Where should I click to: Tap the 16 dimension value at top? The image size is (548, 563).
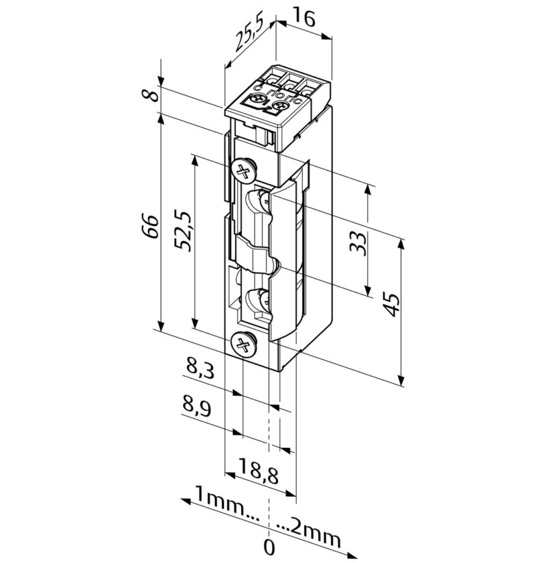coord(304,18)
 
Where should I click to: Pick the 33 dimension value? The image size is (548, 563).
coord(358,244)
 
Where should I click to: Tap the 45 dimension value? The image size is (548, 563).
coord(390,305)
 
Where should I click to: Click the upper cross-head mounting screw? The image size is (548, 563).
coord(244,170)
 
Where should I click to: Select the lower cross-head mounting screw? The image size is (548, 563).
coord(244,345)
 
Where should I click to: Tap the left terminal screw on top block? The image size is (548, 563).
coord(258,99)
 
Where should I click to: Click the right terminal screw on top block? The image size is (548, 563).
coord(279,106)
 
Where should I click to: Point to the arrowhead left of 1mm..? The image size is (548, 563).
coord(186,501)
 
